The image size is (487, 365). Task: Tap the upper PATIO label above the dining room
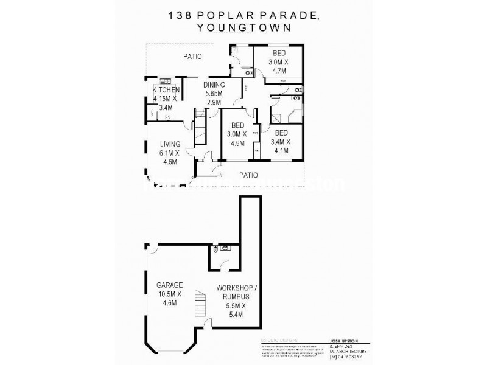(x=193, y=57)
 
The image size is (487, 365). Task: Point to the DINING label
(x=214, y=85)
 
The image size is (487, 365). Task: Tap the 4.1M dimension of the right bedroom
(x=281, y=151)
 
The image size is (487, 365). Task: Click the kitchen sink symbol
(x=163, y=81)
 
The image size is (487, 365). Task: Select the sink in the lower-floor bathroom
(x=225, y=249)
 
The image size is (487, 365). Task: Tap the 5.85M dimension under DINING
(x=214, y=93)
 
